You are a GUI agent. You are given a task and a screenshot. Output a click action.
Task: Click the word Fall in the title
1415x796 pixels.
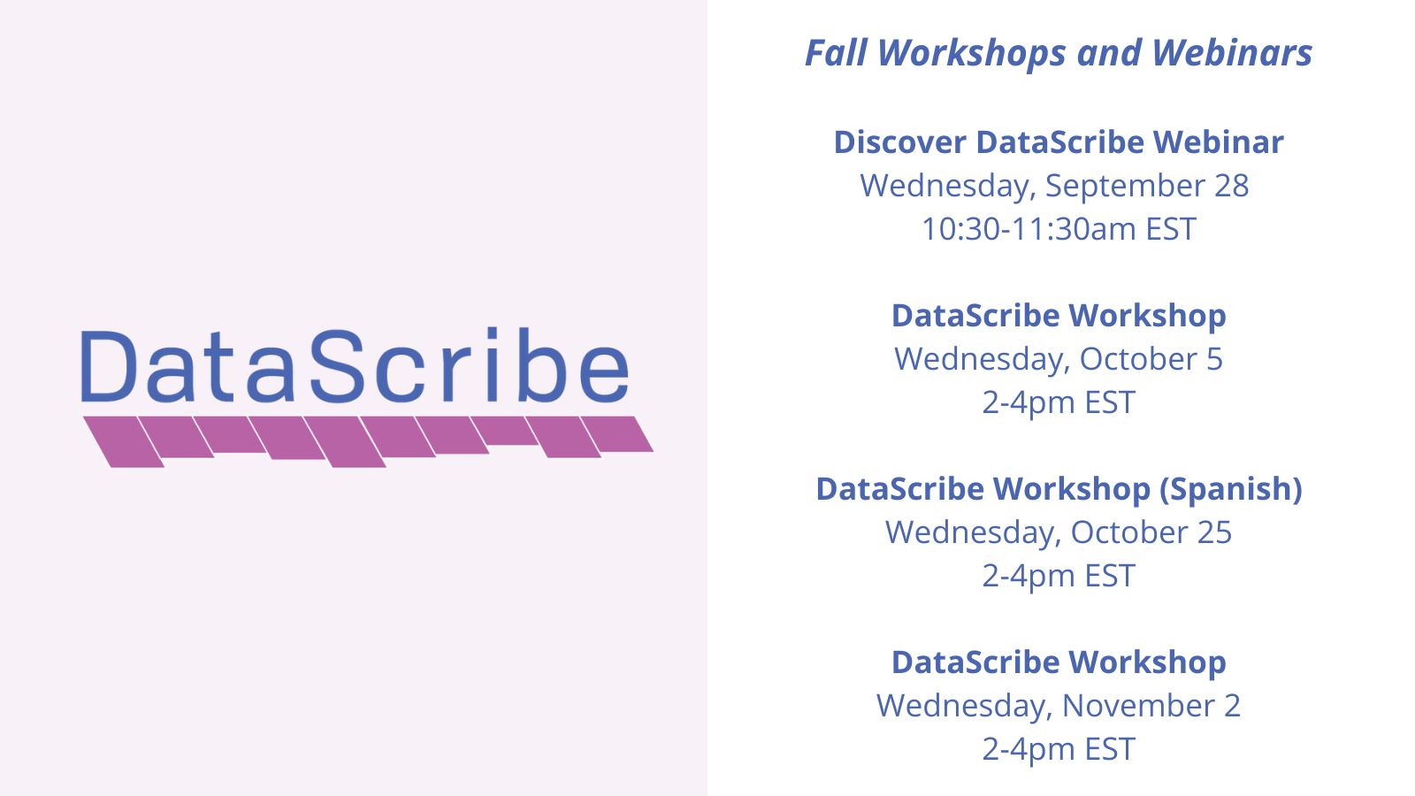(x=835, y=53)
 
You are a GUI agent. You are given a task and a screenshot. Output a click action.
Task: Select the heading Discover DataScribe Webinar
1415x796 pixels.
(x=1059, y=142)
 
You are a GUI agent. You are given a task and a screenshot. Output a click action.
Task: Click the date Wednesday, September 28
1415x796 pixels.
(x=1054, y=186)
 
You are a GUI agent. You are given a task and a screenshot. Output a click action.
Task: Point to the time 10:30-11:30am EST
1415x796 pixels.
(x=1059, y=229)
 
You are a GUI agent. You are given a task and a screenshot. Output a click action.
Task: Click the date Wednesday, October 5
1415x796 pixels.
(x=1059, y=359)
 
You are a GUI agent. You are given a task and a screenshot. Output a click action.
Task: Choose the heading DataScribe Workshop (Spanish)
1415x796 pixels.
(x=1059, y=489)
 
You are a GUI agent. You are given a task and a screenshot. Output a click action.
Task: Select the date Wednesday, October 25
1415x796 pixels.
(x=1059, y=532)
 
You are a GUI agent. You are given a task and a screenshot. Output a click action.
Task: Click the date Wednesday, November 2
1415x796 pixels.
(x=1059, y=706)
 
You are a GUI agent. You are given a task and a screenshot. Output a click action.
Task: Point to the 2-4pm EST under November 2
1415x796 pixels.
(x=1059, y=749)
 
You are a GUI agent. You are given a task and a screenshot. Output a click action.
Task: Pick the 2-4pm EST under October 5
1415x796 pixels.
(x=1059, y=402)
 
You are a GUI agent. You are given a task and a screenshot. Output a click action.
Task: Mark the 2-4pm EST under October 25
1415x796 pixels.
(x=1059, y=576)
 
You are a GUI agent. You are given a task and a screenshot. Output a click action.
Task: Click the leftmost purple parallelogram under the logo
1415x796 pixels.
(x=123, y=441)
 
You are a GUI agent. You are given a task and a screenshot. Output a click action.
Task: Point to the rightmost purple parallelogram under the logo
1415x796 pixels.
(x=617, y=433)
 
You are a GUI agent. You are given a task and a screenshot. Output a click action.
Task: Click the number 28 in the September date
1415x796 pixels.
(x=1231, y=186)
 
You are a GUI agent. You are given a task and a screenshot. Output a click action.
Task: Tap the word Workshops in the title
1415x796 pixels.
(x=972, y=53)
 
